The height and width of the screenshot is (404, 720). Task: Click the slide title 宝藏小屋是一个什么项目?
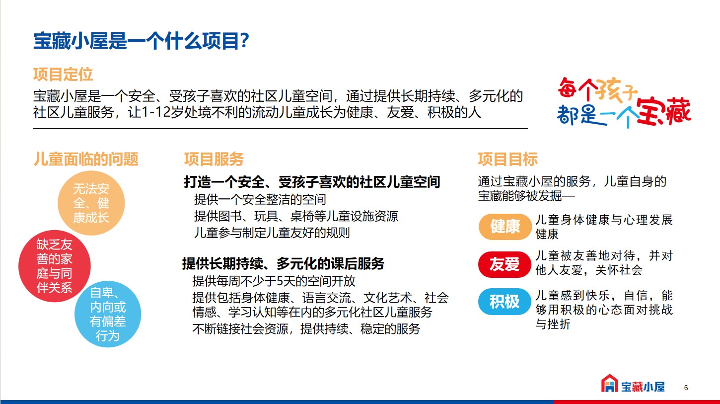[x=142, y=41]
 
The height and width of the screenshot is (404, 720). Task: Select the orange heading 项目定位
[x=63, y=75]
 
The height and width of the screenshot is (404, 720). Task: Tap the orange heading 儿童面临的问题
[x=86, y=159]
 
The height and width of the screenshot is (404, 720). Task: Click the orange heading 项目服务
[x=214, y=159]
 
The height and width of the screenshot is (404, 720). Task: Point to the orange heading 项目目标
[x=507, y=159]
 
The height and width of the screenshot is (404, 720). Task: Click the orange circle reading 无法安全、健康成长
[x=91, y=203]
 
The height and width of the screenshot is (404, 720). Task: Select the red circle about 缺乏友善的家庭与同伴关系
[x=54, y=266]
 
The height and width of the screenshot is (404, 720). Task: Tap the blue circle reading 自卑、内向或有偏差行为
[x=108, y=314]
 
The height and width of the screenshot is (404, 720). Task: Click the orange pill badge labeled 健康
[x=504, y=227]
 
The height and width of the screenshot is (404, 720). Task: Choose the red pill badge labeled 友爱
[x=504, y=264]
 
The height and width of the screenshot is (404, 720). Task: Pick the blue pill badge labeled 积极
[x=504, y=302]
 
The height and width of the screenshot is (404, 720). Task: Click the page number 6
[x=686, y=388]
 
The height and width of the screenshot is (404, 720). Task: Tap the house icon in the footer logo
[x=609, y=383]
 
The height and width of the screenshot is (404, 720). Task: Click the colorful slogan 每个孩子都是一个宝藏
[x=624, y=102]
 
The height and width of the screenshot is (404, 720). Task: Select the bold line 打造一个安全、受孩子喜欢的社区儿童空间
[x=312, y=182]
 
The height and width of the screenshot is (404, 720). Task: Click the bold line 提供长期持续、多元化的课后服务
[x=283, y=263]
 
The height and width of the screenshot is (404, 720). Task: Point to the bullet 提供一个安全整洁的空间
[x=260, y=199]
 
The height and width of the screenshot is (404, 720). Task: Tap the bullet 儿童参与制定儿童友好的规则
[x=272, y=233]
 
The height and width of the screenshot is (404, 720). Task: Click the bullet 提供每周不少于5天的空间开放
[x=274, y=281]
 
